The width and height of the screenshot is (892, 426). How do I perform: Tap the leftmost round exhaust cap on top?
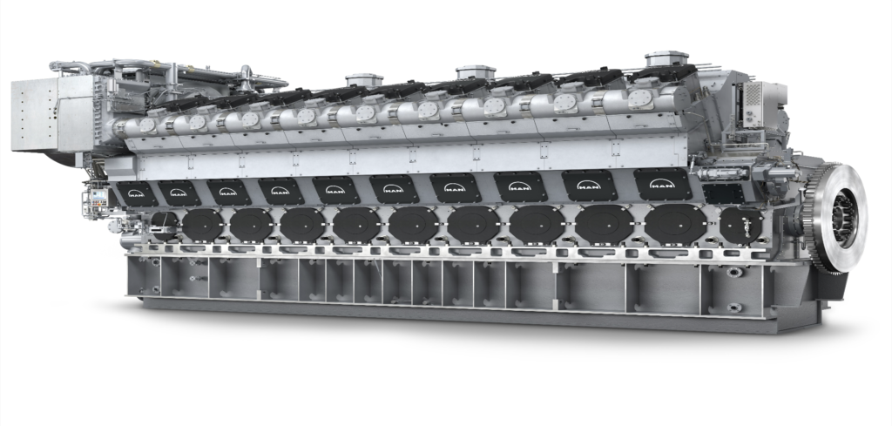364,80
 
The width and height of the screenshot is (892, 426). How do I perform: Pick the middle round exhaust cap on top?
476,71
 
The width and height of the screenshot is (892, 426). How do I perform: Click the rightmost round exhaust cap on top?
666,59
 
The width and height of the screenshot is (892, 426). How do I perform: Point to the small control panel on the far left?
93,203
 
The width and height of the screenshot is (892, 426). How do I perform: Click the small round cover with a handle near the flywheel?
740,224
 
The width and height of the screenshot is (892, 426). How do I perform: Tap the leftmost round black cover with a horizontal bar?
164,225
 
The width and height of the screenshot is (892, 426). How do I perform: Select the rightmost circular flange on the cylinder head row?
640,98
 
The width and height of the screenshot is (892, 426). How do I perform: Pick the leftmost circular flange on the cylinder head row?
146,125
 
